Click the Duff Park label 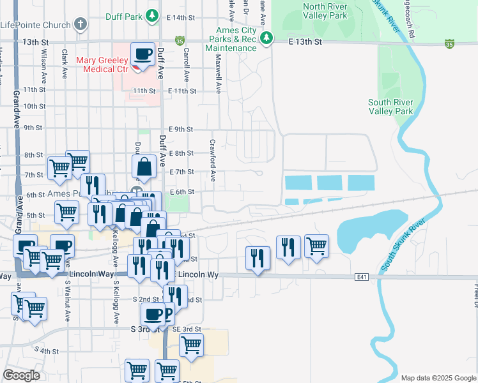(125, 17)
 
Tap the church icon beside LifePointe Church (80, 25)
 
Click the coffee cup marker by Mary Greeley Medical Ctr (143, 54)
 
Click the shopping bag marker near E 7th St (145, 167)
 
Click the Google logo (21, 375)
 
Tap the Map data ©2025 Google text (438, 378)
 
